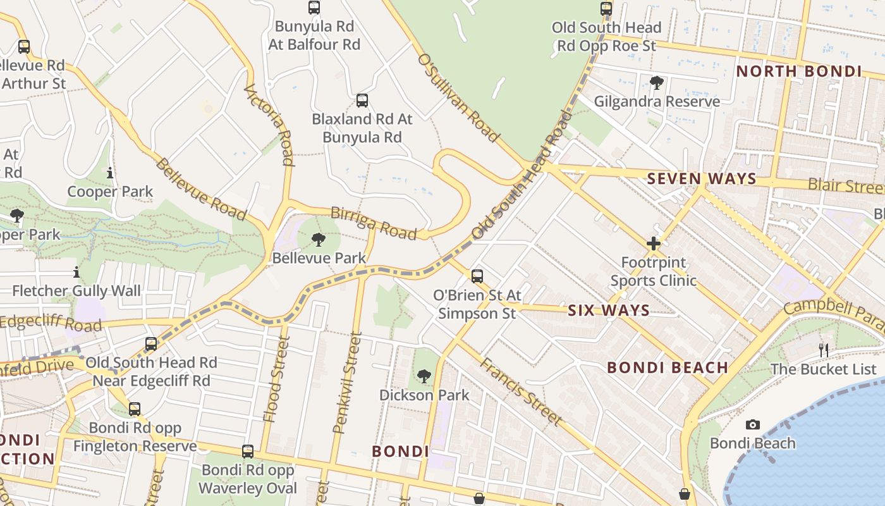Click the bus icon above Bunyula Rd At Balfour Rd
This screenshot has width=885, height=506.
point(314,8)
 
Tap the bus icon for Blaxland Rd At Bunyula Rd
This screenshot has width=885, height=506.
point(362,100)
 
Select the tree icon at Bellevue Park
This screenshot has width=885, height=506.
point(319,239)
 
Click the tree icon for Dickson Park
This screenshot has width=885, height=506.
point(424,376)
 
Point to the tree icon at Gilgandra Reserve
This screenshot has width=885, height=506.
point(657,82)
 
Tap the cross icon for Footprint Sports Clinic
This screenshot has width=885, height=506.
point(653,244)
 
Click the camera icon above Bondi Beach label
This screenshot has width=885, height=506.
point(752,424)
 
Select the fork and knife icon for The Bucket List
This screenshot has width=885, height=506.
point(823,350)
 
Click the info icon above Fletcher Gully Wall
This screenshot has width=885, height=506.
point(76,272)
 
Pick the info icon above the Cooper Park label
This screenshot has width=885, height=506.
point(110,173)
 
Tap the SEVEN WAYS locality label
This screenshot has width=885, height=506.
point(702,179)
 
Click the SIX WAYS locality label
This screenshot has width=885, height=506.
point(608,310)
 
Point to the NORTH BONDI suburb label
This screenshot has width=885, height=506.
point(799,71)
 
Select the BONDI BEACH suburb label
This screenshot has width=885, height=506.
point(668,367)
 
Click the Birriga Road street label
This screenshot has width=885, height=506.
point(374,223)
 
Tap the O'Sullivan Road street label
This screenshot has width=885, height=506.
point(458,97)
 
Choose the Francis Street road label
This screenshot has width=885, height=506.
point(520,391)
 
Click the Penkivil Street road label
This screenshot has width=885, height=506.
point(347,385)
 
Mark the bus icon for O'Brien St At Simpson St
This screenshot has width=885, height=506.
point(477,276)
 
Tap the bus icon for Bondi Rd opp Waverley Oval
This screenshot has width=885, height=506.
point(248,452)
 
